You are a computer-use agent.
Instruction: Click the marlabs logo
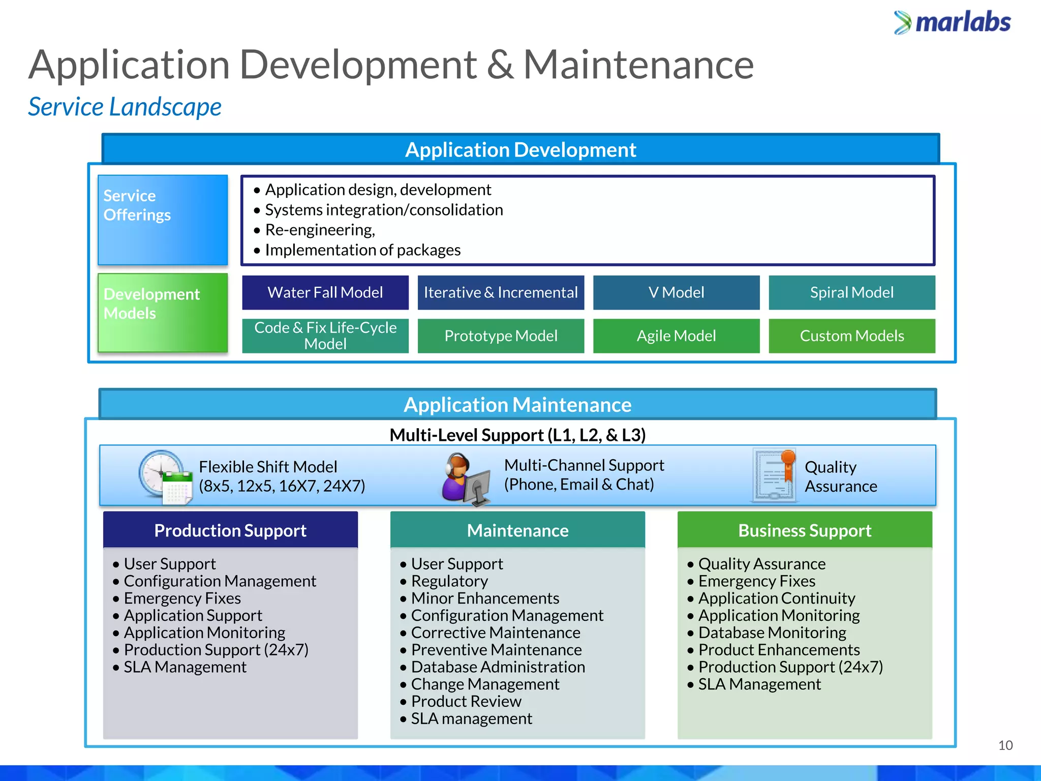[x=952, y=22]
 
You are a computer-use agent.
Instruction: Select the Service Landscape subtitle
[x=125, y=107]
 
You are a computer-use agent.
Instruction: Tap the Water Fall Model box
[x=325, y=292]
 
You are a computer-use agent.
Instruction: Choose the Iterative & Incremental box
[x=501, y=292]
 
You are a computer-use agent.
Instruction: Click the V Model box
[x=676, y=292]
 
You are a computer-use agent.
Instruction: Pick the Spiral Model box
[x=852, y=292]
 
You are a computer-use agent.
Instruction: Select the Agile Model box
[x=676, y=336]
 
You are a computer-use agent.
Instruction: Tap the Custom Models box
[x=852, y=336]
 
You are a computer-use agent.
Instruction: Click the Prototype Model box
[x=501, y=336]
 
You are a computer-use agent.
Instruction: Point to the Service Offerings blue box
[x=163, y=220]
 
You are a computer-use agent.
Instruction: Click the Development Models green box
[x=163, y=313]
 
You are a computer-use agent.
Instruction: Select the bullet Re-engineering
[x=320, y=230]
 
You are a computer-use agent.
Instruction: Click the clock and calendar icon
[x=166, y=477]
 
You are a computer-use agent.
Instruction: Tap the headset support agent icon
[x=465, y=479]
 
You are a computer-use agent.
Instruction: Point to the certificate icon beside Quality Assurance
[x=774, y=475]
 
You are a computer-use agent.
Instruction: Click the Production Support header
[x=230, y=530]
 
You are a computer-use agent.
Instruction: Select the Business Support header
[x=805, y=530]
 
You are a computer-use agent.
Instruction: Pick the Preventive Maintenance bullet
[x=496, y=650]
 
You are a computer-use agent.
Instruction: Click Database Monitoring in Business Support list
[x=772, y=633]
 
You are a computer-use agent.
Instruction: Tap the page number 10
[x=1005, y=745]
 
